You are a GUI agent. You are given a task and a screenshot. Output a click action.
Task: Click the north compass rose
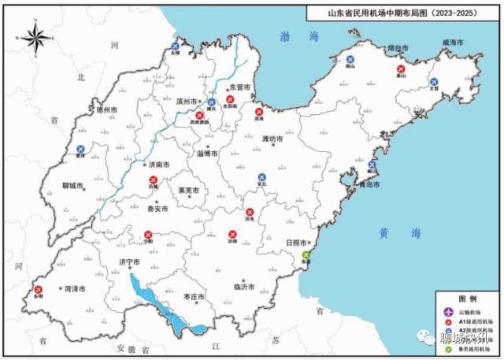35,37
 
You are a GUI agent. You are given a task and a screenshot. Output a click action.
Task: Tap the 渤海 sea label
299,35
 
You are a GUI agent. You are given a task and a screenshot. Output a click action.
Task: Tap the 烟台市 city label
398,48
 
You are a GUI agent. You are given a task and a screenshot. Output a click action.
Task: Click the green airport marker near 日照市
306,255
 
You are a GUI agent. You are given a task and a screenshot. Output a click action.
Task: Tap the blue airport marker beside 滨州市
212,103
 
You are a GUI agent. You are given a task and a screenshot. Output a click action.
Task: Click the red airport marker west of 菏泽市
38,290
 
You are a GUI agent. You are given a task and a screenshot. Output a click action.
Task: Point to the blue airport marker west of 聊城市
80,149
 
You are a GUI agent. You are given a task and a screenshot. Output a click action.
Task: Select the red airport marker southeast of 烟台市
401,69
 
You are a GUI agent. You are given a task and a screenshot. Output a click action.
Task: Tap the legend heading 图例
468,300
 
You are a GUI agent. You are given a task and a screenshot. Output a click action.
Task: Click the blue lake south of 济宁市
150,292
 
